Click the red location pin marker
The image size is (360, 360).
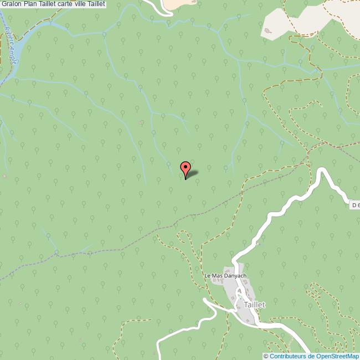pos(186,167)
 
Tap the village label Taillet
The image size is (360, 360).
pos(251,305)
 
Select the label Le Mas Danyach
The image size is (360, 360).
pos(225,276)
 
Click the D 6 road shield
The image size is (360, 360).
pos(355,205)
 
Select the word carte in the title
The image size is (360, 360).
pos(71,4)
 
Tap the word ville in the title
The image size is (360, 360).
pos(89,4)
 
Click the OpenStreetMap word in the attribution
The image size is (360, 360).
pos(338,356)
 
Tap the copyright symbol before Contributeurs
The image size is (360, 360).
pos(266,356)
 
